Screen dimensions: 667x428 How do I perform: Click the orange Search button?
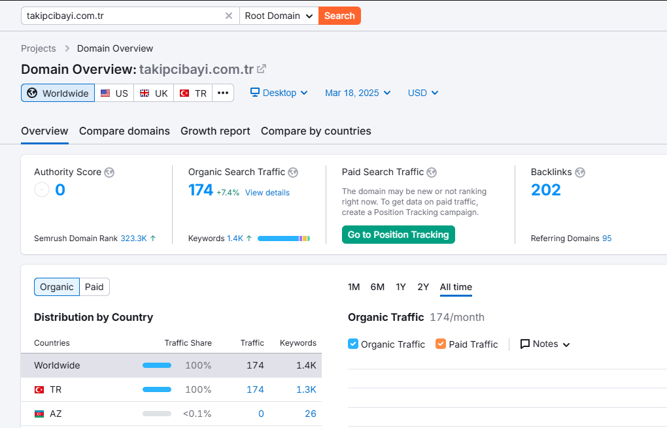pos(339,16)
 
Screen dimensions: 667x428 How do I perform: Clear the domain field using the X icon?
pos(229,16)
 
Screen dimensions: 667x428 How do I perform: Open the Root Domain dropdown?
pos(279,16)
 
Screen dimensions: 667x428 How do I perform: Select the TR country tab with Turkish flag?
pos(193,93)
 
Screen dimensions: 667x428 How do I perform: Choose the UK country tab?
pos(154,93)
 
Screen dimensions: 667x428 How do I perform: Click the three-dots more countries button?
pos(223,93)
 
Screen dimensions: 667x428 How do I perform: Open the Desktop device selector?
pos(279,93)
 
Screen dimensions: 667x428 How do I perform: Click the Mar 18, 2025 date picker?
pos(358,93)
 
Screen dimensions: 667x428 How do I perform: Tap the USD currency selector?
pos(423,93)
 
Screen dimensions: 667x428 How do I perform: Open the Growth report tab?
pos(215,131)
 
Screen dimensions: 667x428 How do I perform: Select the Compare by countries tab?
pos(316,131)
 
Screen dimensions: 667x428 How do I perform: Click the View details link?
pos(267,193)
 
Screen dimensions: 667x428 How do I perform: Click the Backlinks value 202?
pos(546,189)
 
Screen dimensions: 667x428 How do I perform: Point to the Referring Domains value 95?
pos(607,239)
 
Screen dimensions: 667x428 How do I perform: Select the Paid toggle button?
pos(94,287)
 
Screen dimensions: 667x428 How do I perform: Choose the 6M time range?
pos(377,287)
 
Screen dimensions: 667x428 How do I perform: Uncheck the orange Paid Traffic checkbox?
pos(441,344)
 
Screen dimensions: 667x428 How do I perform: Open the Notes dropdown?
pos(545,344)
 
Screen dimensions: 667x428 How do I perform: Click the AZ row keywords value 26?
pos(311,414)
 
